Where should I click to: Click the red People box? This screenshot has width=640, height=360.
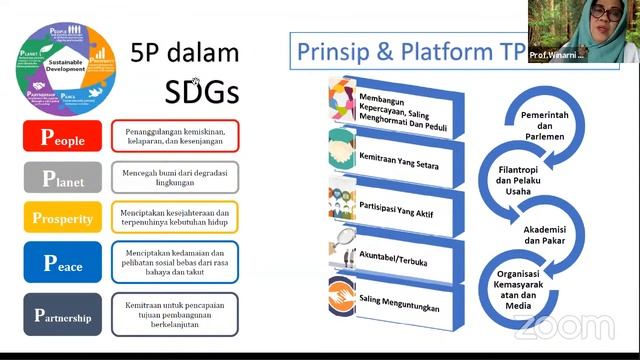tap(62, 137)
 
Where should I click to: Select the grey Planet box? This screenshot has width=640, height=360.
tap(62, 179)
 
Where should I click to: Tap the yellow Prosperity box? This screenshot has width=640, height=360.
tap(62, 218)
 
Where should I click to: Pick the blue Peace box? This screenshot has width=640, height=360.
tap(62, 263)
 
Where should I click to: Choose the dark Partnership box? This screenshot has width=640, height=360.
tap(62, 315)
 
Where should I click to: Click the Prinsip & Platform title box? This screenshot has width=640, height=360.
tap(405, 50)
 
